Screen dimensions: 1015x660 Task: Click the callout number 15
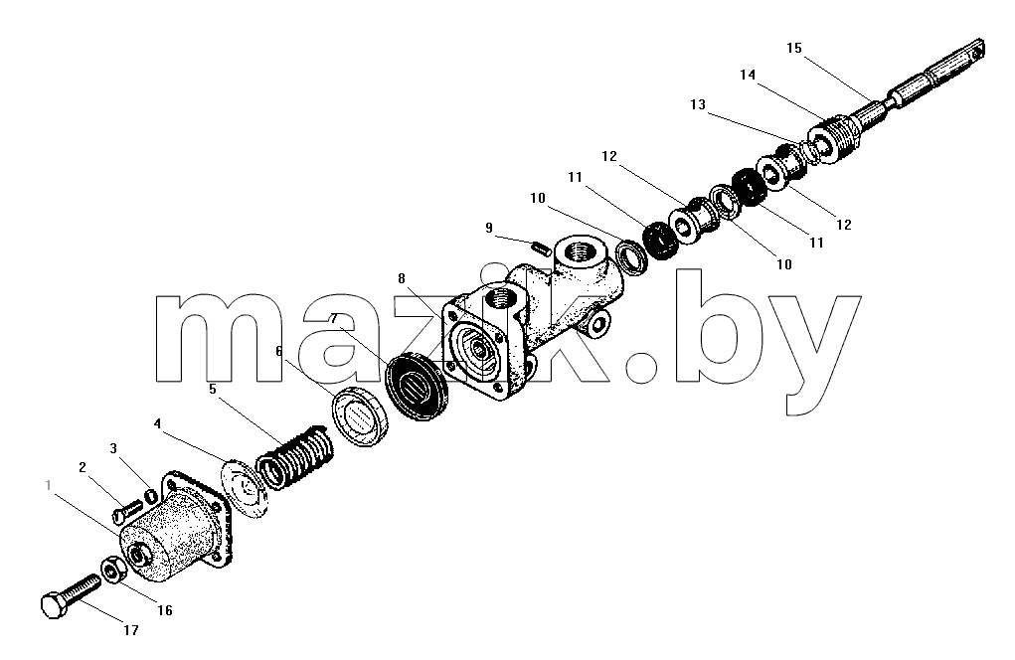point(794,48)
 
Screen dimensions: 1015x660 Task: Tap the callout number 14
point(748,76)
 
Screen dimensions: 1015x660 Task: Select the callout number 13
point(698,104)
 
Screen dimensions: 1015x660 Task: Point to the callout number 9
point(489,228)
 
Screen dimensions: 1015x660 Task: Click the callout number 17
point(131,630)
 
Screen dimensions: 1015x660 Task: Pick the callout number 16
point(165,610)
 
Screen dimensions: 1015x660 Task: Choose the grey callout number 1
point(48,485)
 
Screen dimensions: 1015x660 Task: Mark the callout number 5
point(213,389)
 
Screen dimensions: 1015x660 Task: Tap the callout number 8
point(402,278)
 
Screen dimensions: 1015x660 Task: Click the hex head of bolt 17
point(54,606)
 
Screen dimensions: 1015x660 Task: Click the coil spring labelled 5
point(295,457)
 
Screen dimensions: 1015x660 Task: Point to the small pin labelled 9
point(541,247)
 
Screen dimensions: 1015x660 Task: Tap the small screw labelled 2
point(127,511)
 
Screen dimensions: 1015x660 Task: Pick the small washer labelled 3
point(149,496)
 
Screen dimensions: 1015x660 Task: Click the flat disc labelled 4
point(244,488)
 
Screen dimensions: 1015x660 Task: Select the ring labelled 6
point(361,415)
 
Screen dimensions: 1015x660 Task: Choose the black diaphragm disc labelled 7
point(416,387)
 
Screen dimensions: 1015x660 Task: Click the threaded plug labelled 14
point(834,140)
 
